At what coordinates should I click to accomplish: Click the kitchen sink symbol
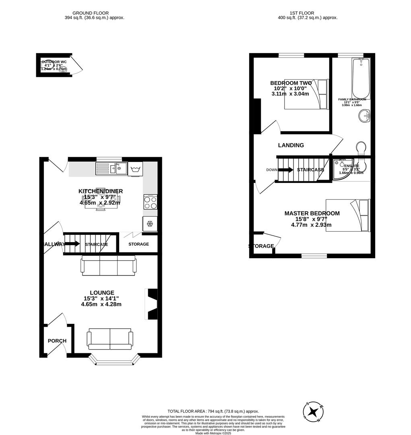112,168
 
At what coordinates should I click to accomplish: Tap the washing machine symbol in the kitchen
135,169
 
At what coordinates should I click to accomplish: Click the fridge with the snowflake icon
150,224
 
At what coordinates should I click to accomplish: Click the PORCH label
57,341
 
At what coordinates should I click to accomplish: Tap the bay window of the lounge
115,360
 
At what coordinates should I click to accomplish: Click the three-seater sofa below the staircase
109,265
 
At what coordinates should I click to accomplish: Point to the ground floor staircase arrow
72,244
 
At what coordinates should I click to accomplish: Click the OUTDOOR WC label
54,62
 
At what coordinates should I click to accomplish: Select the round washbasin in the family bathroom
364,116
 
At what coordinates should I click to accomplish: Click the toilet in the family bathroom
361,148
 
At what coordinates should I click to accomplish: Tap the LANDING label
291,145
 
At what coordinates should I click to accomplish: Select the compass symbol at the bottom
313,412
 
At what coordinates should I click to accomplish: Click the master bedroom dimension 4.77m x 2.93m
311,225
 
